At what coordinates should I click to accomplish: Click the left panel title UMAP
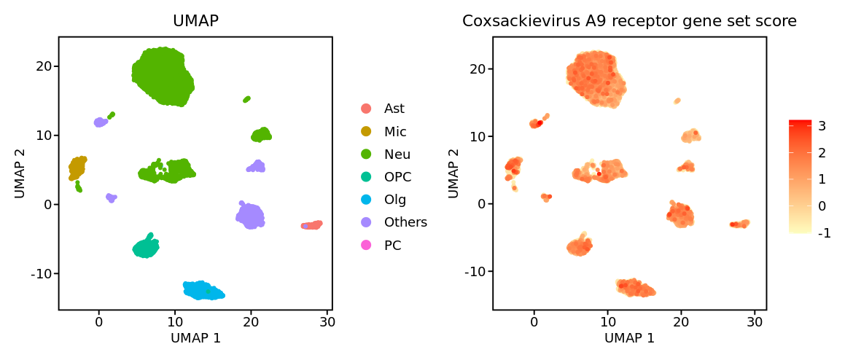pyautogui.click(x=195, y=22)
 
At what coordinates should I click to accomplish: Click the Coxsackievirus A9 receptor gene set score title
pyautogui.click(x=629, y=22)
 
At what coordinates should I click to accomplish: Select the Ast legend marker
pyautogui.click(x=366, y=109)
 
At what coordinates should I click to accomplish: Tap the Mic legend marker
pyautogui.click(x=366, y=132)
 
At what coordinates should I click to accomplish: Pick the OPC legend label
pyautogui.click(x=397, y=177)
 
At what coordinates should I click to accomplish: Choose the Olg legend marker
pyautogui.click(x=366, y=200)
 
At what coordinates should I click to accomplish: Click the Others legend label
pyautogui.click(x=405, y=222)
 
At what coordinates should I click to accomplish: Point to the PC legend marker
pyautogui.click(x=366, y=246)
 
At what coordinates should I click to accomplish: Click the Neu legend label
pyautogui.click(x=397, y=154)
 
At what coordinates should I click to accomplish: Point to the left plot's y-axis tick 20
pyautogui.click(x=42, y=66)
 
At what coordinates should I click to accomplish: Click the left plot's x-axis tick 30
pyautogui.click(x=327, y=321)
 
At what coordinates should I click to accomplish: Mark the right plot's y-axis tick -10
pyautogui.click(x=474, y=271)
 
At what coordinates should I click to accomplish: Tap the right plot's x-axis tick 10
pyautogui.click(x=607, y=321)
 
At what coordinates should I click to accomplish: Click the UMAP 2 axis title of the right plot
pyautogui.click(x=454, y=173)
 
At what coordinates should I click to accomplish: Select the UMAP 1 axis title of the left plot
pyautogui.click(x=195, y=338)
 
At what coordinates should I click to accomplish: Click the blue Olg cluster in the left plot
pyautogui.click(x=203, y=290)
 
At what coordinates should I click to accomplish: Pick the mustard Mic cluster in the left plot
pyautogui.click(x=77, y=168)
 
